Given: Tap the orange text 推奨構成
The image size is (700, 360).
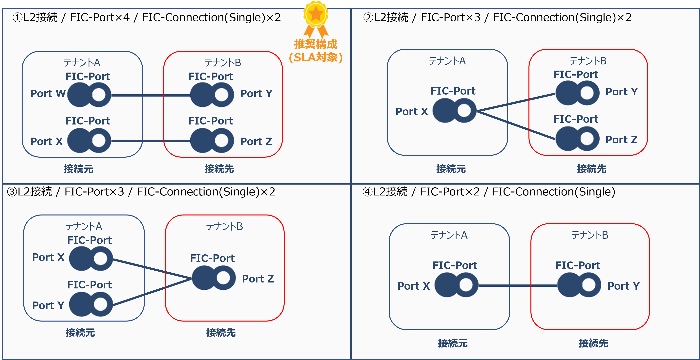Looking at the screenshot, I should tap(316, 44).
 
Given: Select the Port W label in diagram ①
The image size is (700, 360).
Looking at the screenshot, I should tap(48, 94).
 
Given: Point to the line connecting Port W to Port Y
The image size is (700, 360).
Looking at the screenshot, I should tap(151, 95).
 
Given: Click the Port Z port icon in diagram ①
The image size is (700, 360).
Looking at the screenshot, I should tap(212, 141).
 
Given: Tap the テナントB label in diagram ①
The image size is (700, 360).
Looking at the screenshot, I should tap(223, 62).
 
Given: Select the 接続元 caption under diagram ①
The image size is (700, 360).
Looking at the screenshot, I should tap(78, 169).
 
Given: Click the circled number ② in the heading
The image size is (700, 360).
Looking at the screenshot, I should tap(368, 18).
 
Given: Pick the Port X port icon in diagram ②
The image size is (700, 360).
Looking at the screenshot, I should tap(454, 110).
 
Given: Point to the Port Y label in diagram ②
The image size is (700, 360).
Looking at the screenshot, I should tap(622, 92).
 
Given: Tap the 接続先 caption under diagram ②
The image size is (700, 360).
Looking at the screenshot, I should tap(592, 169).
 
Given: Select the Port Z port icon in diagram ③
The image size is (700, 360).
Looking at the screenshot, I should tap(214, 278).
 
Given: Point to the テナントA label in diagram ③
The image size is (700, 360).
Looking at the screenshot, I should tap(83, 226).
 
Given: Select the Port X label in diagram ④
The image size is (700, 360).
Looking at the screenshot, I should tap(413, 286).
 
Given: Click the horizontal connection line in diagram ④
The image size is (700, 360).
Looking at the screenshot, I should tap(518, 285).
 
